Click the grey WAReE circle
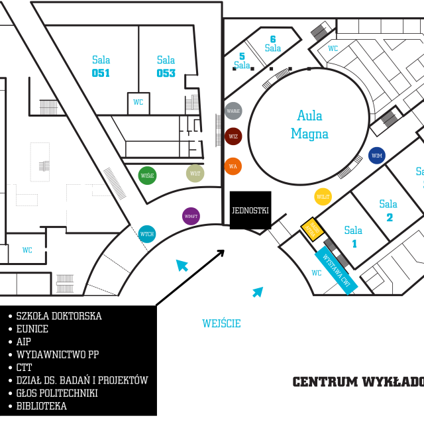point(233,111)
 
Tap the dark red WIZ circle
point(233,136)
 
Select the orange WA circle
point(233,166)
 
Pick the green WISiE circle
point(148,176)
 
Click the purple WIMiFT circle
point(191,216)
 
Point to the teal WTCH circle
point(147,234)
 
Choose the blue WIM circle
point(377,156)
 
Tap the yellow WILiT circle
point(323,197)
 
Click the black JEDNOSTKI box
point(250,211)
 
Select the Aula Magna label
point(309,125)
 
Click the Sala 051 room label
point(101,66)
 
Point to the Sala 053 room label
point(166,66)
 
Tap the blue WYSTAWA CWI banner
point(336,270)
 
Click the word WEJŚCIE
point(221,323)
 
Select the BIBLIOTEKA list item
point(41,406)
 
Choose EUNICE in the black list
point(32,329)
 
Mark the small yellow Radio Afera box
point(312,229)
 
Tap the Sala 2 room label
point(389,210)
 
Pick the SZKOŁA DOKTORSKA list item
point(59,316)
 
